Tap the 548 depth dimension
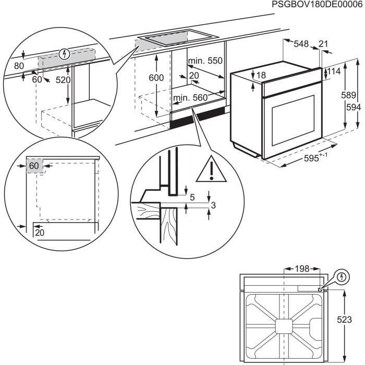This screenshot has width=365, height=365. [x=301, y=44]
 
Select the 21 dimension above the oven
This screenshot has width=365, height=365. [x=323, y=44]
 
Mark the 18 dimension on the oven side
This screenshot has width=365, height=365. [x=261, y=76]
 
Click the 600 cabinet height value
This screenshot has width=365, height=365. [x=155, y=78]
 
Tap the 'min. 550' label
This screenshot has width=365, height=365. [x=205, y=61]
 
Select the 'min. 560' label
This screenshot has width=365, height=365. [x=190, y=98]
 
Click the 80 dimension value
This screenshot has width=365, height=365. [x=19, y=66]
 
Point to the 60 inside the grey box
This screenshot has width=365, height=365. [x=34, y=166]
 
